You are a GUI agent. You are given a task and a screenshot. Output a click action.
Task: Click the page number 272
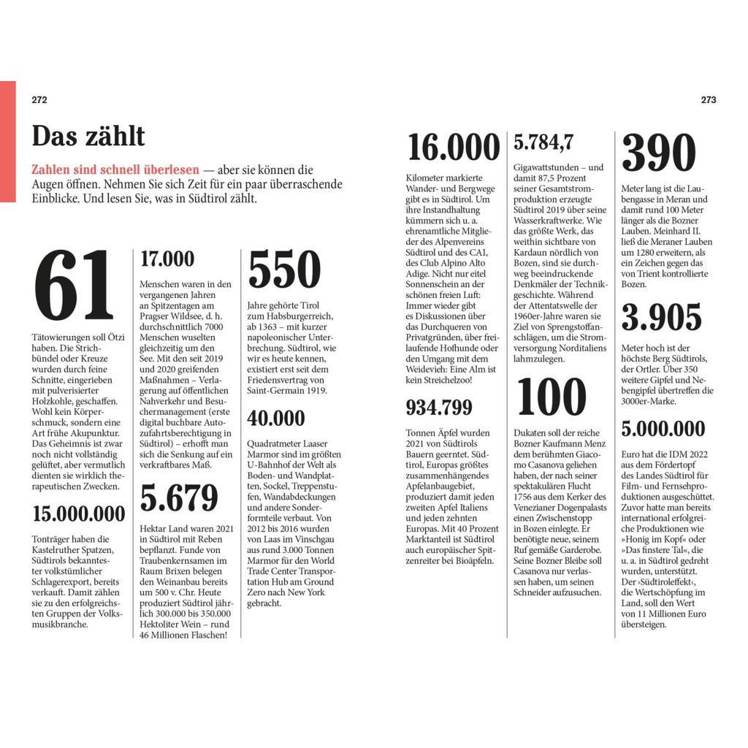39,101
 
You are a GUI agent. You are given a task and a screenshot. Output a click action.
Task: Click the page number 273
708,101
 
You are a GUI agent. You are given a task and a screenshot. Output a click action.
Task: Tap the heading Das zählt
88,137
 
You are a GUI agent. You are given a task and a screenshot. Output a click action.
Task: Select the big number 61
75,286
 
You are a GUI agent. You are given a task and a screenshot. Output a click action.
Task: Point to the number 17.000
167,259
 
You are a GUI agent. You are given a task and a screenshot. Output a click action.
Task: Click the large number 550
284,270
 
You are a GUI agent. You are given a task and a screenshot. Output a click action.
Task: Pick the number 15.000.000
79,514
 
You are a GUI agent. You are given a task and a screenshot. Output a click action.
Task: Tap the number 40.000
276,419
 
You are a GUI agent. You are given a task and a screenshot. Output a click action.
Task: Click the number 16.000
454,148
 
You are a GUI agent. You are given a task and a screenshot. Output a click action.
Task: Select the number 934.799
439,408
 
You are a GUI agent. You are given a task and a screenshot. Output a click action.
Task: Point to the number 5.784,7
543,142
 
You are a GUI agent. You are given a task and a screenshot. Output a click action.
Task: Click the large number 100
552,397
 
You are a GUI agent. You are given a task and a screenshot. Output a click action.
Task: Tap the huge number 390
658,153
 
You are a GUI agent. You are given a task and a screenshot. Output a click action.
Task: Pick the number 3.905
661,317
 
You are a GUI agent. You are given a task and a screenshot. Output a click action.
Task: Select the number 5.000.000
663,429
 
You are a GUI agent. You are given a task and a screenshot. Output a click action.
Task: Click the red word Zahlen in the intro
52,169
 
